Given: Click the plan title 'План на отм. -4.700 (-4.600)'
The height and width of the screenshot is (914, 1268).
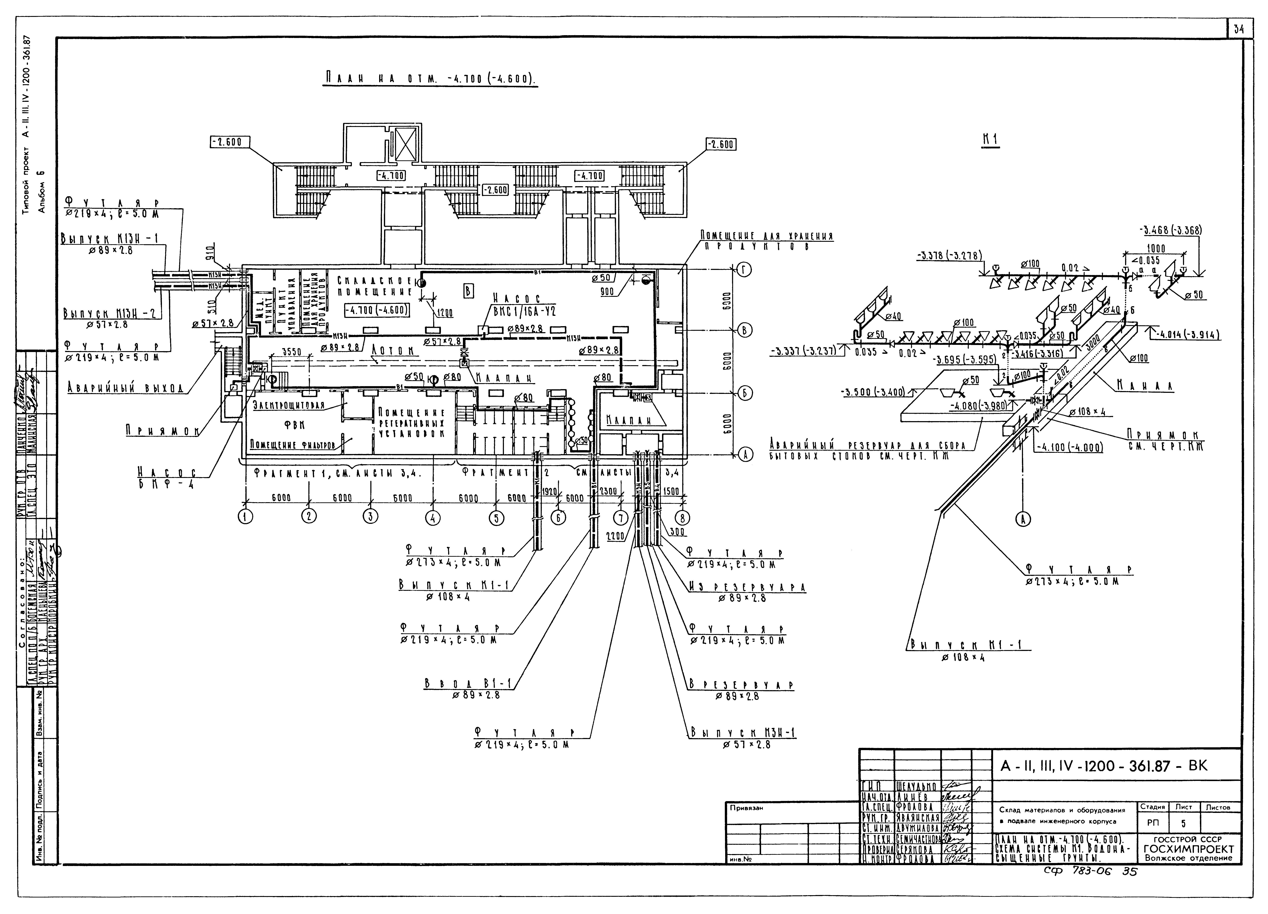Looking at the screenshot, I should (x=429, y=79).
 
